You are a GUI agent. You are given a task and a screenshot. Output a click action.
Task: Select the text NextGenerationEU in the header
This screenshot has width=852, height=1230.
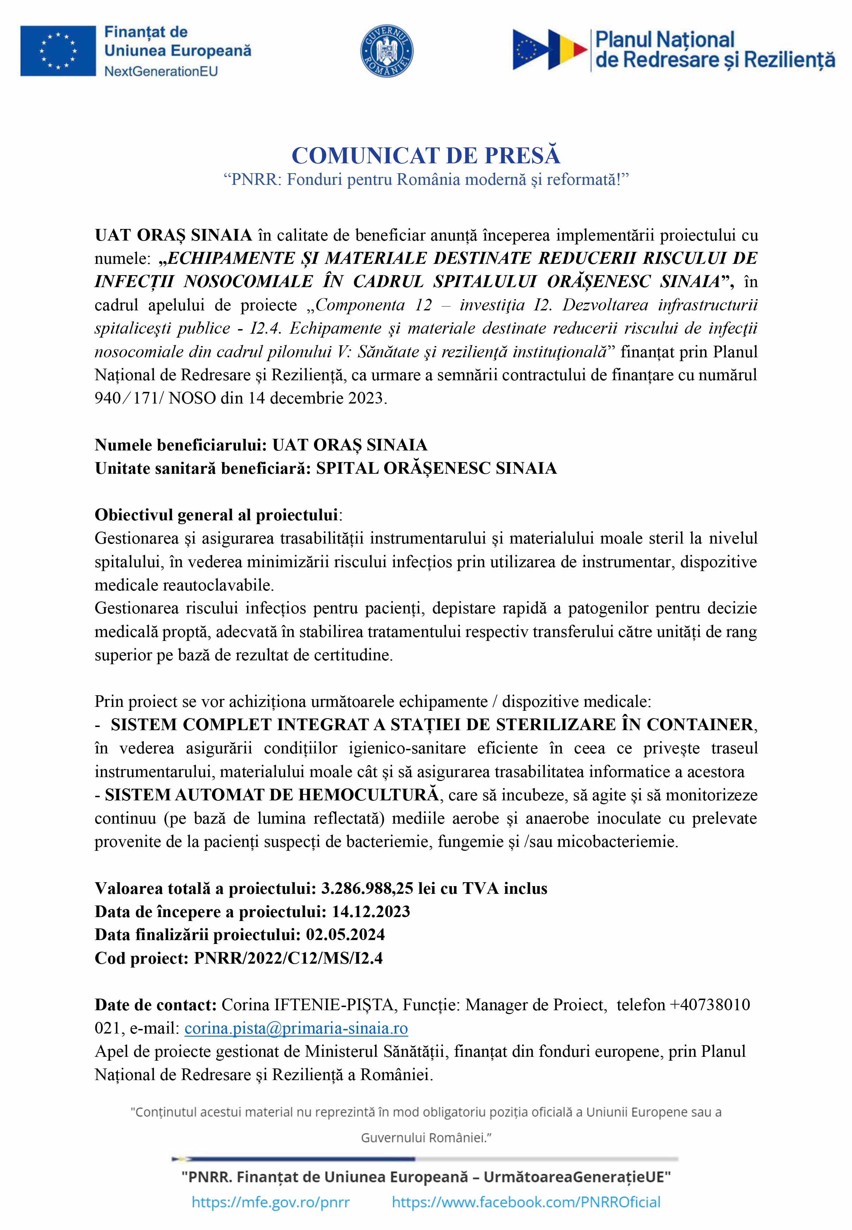pos(161,71)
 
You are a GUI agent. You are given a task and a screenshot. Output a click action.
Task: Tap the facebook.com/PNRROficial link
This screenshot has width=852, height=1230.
pos(526,1202)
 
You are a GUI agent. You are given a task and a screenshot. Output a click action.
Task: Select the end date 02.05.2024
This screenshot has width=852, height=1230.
pos(345,934)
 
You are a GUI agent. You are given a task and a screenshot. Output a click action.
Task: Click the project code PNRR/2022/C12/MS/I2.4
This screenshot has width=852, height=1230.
pos(288,958)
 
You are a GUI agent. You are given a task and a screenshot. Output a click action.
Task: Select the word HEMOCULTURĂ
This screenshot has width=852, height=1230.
pos(368,795)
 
